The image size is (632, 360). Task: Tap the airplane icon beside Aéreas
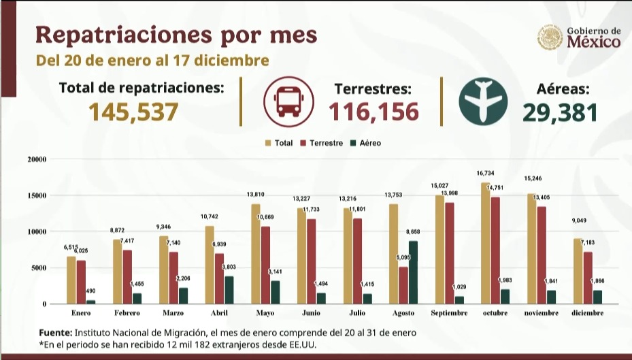(482, 101)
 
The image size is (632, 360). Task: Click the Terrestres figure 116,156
(373, 112)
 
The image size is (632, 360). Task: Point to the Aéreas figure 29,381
(561, 112)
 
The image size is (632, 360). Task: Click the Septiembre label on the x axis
(449, 313)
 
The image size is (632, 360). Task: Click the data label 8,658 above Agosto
(414, 233)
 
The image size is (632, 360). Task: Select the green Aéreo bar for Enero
(90, 301)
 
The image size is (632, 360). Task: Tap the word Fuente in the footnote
(54, 333)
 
